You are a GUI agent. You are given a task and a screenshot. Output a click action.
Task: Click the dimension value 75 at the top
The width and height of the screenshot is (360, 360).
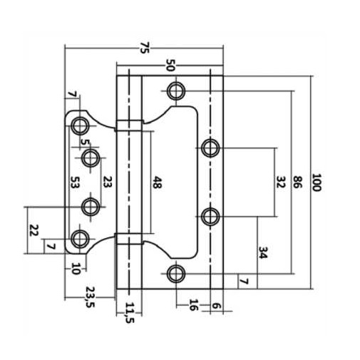tap(145, 48)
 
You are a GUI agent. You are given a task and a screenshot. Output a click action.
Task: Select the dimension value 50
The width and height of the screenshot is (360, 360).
tap(170, 65)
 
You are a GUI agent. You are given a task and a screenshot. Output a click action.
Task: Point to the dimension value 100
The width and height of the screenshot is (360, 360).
tap(317, 182)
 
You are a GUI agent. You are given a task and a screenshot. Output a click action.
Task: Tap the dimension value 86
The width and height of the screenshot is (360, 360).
tap(297, 182)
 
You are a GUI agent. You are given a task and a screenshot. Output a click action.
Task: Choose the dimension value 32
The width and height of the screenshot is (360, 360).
tap(280, 182)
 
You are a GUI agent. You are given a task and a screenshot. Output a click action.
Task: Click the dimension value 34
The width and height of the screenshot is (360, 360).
tap(263, 252)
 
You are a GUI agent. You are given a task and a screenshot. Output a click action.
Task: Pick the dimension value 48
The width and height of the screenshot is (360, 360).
tap(156, 182)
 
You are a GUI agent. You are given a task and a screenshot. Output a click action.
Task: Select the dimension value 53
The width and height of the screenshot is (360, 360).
tap(74, 182)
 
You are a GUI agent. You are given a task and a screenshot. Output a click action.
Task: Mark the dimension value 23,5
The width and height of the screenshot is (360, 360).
tap(90, 297)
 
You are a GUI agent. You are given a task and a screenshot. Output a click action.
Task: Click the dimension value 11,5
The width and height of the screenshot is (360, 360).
tap(130, 313)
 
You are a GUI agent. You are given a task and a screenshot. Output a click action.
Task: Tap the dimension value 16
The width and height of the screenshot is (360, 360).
tap(193, 305)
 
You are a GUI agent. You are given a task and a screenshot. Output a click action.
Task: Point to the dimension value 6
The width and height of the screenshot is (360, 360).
tap(216, 306)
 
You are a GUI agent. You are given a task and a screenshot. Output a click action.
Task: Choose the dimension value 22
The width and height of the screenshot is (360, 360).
tap(34, 230)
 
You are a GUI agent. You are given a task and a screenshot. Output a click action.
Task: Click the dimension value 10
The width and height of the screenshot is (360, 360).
tap(76, 269)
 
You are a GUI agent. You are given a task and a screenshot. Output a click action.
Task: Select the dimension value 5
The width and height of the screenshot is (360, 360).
tap(85, 142)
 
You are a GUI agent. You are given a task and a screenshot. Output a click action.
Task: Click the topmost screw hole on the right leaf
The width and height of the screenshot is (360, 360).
tap(176, 91)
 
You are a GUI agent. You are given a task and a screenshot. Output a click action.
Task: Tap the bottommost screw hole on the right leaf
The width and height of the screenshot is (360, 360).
tap(176, 274)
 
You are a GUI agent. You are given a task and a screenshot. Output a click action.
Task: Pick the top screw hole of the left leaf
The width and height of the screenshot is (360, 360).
tap(80, 125)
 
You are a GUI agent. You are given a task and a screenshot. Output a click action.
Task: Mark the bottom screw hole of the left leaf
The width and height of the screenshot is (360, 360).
tap(80, 239)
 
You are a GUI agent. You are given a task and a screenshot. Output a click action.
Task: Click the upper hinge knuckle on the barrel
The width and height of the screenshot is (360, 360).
tap(130, 125)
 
